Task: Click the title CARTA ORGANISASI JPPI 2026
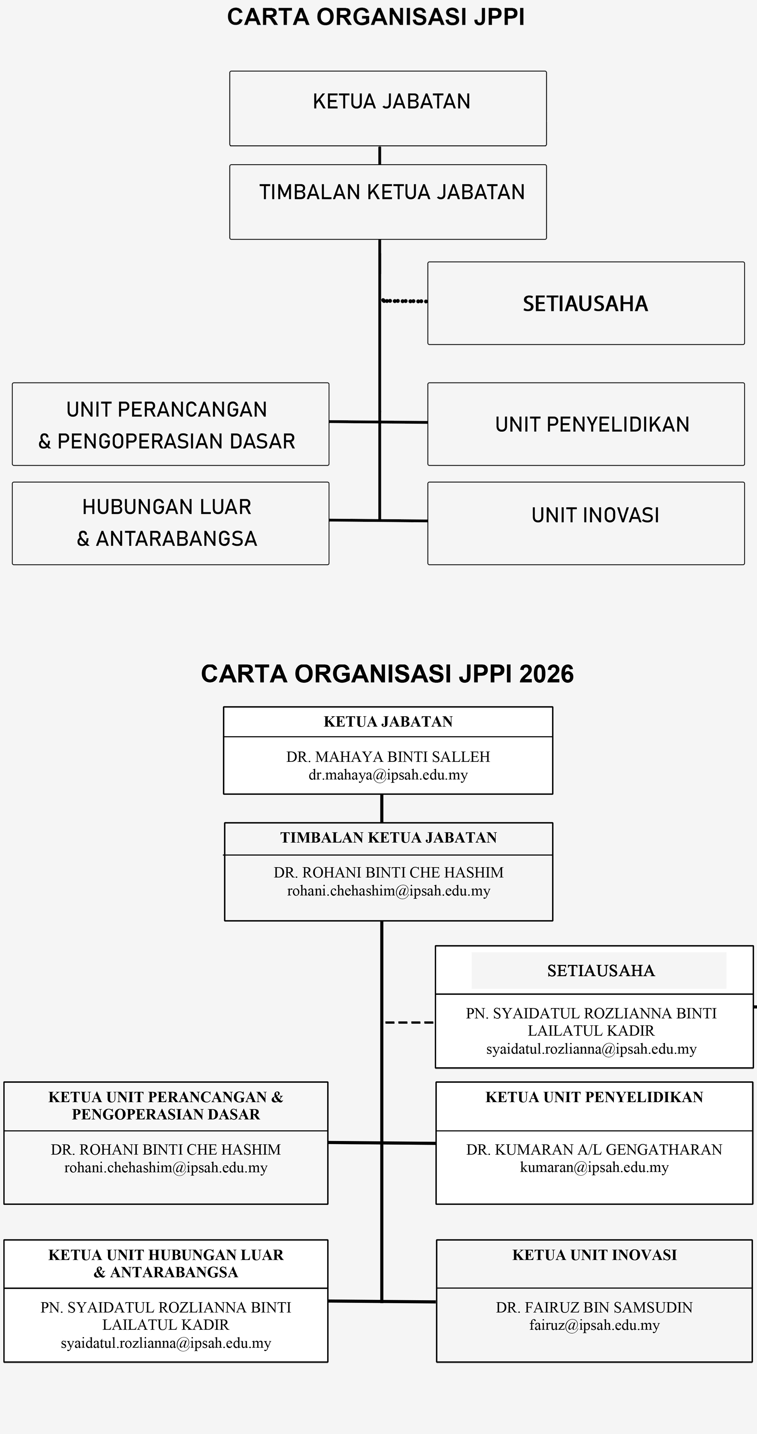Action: tap(387, 674)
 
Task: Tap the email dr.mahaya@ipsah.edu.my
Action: tap(388, 775)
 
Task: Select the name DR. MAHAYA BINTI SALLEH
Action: tap(388, 757)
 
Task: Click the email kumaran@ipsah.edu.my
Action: tap(594, 1167)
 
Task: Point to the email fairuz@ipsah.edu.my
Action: tap(594, 1325)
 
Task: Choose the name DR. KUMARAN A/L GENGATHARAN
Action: tap(594, 1150)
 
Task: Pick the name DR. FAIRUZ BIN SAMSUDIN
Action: tap(594, 1308)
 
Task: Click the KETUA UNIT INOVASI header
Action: tap(594, 1255)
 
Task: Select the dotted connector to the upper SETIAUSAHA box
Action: tap(404, 301)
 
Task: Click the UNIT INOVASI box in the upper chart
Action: tap(586, 523)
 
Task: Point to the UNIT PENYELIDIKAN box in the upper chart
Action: tap(586, 424)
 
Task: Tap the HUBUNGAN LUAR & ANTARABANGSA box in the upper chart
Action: tap(170, 523)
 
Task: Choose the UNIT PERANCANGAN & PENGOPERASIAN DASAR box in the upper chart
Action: tap(170, 424)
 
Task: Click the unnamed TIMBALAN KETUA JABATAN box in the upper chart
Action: tap(388, 202)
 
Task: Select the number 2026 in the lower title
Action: tap(546, 674)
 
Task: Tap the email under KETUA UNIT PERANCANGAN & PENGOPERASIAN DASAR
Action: tap(166, 1167)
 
